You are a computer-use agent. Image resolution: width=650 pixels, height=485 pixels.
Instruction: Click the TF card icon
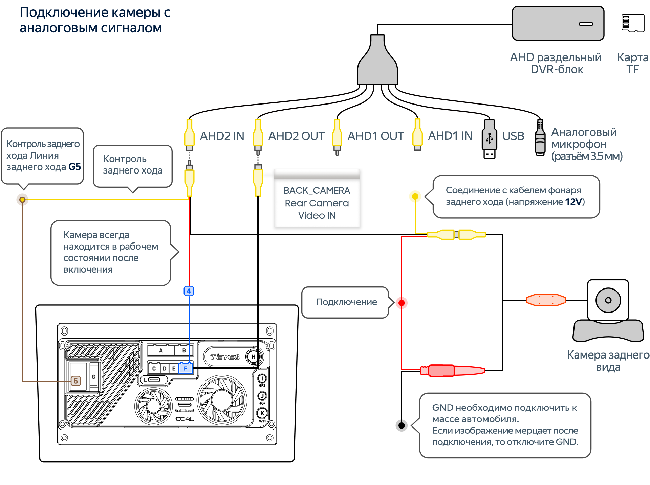(x=633, y=23)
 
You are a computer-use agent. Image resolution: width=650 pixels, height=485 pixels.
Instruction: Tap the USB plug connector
(x=489, y=139)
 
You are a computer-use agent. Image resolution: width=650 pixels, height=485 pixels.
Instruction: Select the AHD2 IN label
(x=222, y=136)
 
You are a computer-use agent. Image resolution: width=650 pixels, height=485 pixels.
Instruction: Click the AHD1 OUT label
(x=375, y=136)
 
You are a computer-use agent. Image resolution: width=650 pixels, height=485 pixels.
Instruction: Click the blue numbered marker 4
(x=189, y=291)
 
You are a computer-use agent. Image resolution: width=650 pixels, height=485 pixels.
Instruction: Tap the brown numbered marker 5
(x=75, y=381)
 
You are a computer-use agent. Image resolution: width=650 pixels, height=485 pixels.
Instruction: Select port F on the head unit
(x=186, y=368)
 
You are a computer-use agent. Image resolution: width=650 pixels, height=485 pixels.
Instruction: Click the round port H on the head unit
(x=253, y=357)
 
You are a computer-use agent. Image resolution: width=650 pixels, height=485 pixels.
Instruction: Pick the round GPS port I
(x=262, y=378)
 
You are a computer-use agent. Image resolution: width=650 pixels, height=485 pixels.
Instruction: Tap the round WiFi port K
(x=262, y=413)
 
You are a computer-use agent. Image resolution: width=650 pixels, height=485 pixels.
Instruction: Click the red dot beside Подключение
(x=402, y=303)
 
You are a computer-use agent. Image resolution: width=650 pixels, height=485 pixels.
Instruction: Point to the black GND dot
(x=402, y=425)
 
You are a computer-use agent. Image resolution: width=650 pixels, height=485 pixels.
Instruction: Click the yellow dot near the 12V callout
(x=415, y=196)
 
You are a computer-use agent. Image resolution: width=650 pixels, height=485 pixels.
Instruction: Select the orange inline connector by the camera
(x=546, y=300)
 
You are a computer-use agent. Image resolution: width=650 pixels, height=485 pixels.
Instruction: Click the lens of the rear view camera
(x=608, y=300)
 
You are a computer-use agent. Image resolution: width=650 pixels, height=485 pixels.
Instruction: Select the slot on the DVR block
(x=586, y=24)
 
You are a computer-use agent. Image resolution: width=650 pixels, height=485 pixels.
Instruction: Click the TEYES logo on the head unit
(x=225, y=357)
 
